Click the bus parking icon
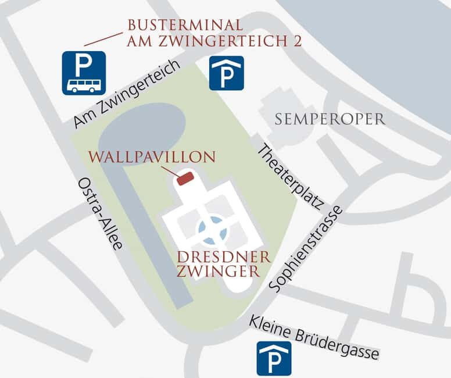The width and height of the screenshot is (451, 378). (84, 73)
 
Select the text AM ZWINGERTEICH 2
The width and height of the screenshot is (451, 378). (214, 42)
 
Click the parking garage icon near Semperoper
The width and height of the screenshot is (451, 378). (226, 73)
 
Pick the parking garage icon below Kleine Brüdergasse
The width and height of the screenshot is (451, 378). (274, 358)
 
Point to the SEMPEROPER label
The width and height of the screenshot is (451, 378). (330, 120)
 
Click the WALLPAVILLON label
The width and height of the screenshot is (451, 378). (152, 158)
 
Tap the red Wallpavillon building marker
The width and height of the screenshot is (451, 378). (185, 178)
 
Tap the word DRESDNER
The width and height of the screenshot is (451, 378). (217, 258)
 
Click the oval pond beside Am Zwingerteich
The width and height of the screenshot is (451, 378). (142, 133)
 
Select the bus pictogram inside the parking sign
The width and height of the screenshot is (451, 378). (84, 85)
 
